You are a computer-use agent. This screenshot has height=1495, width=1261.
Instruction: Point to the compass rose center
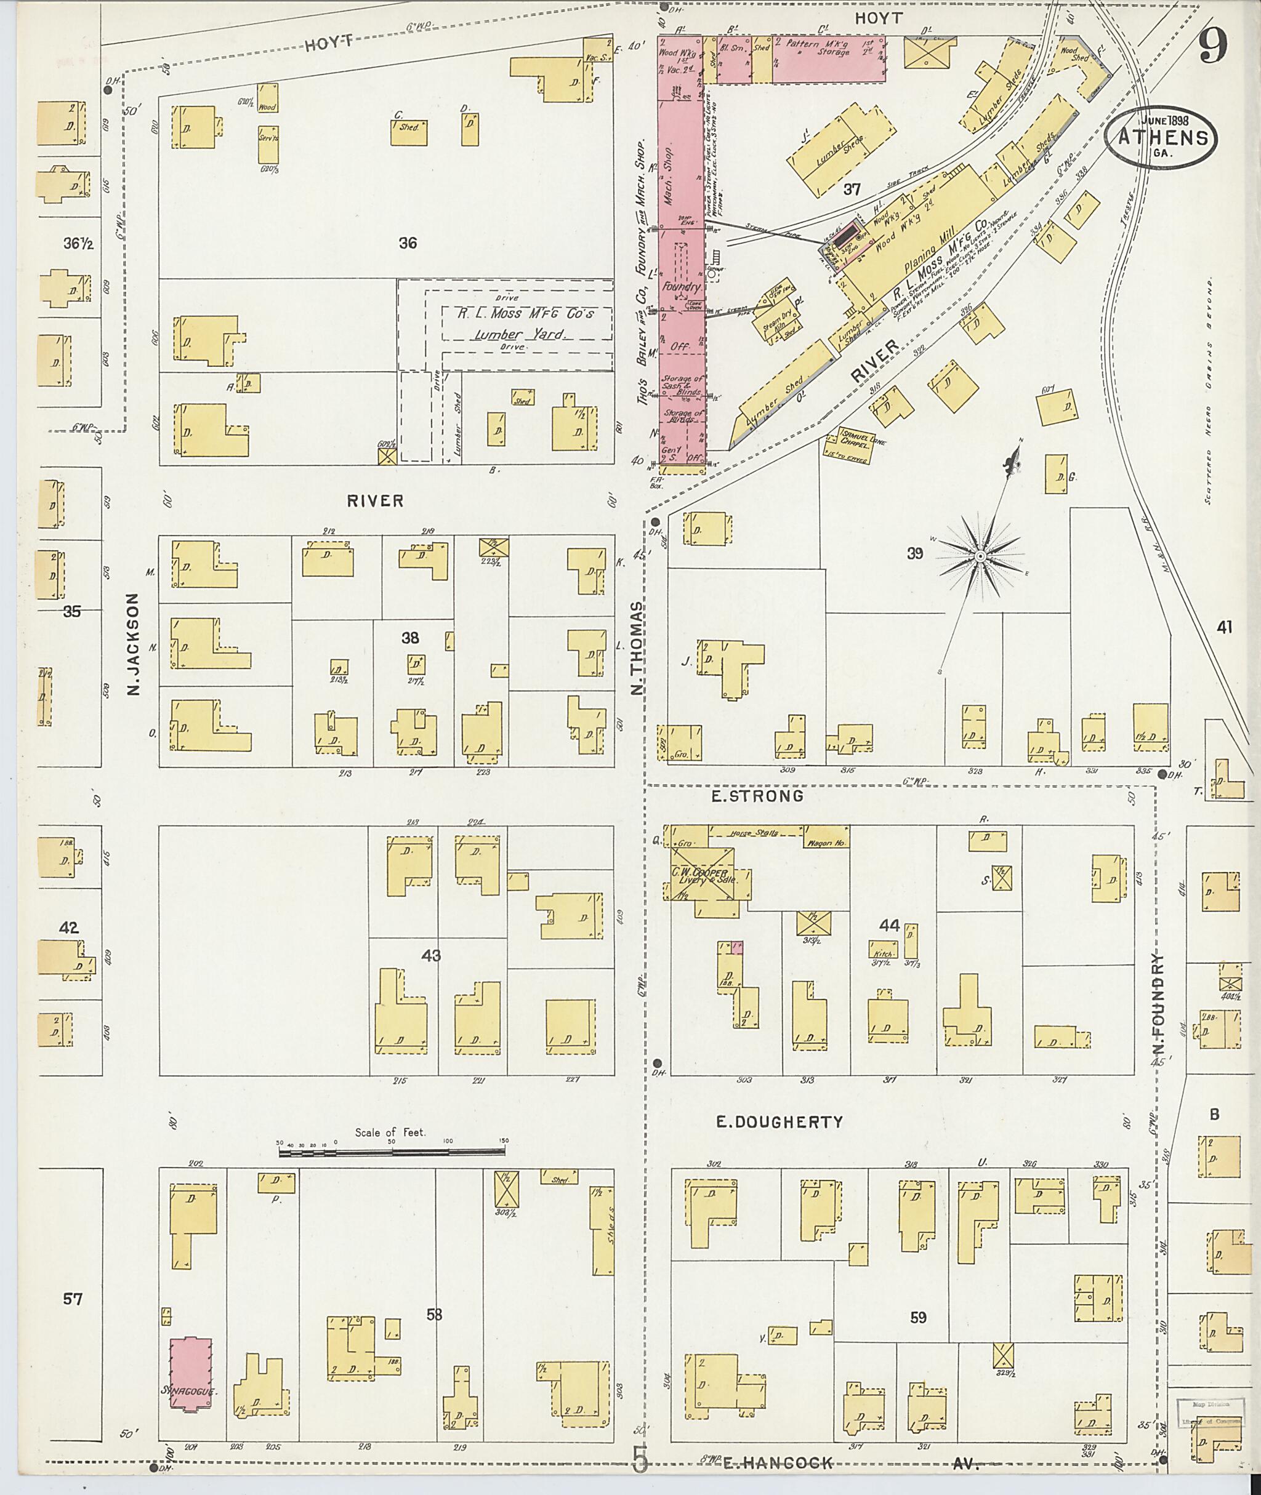981,555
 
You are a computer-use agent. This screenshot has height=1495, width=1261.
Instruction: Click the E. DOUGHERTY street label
779,1122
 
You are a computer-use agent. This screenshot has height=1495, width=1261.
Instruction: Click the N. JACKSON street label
134,643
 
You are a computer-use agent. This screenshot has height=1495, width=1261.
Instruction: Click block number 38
409,638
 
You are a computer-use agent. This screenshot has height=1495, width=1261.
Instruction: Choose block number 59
918,1317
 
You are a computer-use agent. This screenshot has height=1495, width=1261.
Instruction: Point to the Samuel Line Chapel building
862,444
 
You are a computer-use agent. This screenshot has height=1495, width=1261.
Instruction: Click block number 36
408,243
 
